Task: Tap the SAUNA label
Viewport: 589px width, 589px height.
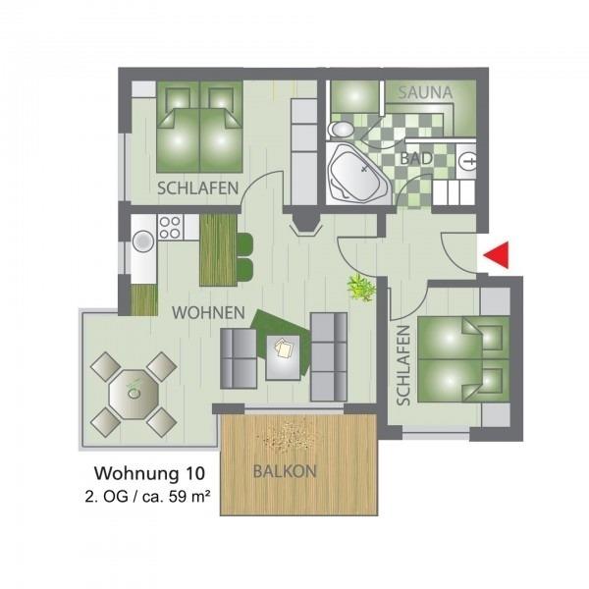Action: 425,93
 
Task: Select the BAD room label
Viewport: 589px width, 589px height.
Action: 416,158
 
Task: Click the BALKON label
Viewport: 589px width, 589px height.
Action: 285,471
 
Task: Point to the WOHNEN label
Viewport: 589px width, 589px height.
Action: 208,312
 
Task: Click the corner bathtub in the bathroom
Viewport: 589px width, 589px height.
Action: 357,174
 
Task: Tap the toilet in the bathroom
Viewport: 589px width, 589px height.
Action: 341,130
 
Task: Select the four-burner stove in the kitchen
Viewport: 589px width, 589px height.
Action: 170,228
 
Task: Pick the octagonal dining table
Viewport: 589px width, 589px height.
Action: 134,394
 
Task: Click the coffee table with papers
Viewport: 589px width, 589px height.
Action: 284,357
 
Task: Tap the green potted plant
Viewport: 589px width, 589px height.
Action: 361,288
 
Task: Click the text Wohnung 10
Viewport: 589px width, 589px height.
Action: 149,473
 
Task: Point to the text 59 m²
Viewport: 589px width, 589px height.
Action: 189,497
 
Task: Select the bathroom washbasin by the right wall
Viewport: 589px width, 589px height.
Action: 466,162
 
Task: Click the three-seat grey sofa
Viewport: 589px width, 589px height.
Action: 329,357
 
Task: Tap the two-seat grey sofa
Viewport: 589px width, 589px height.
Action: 239,358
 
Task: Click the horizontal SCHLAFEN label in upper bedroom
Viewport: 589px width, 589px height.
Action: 198,188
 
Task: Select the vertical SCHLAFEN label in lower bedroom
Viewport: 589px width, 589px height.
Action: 403,365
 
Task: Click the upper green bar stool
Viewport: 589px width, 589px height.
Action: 244,243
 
